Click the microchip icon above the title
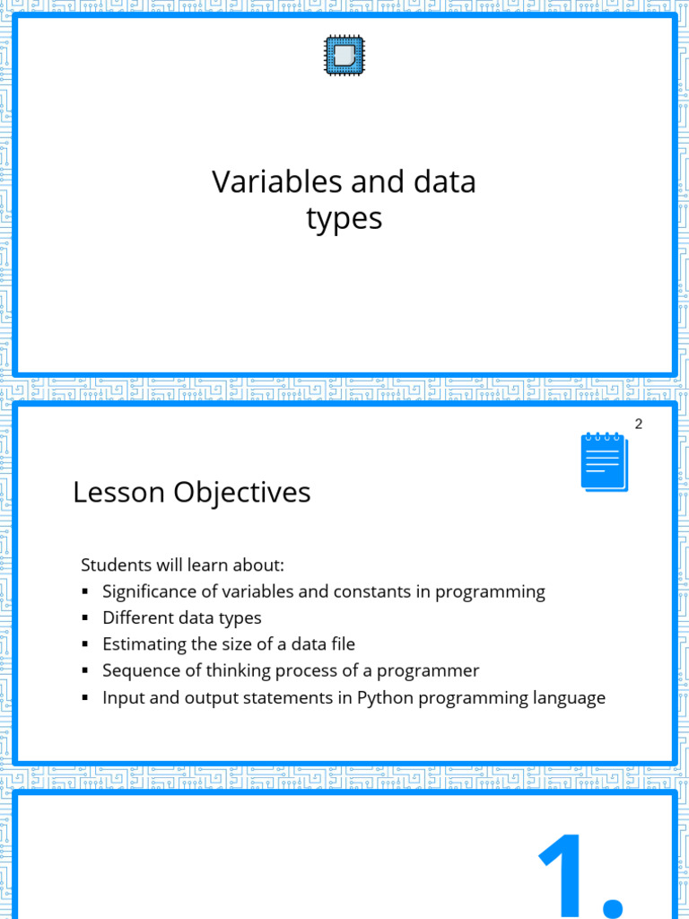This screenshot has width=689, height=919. pyautogui.click(x=344, y=56)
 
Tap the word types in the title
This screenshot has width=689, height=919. pyautogui.click(x=344, y=219)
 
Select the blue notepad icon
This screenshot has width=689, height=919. pyautogui.click(x=604, y=461)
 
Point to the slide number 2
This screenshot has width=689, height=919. pyautogui.click(x=639, y=424)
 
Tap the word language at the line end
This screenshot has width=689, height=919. pyautogui.click(x=570, y=698)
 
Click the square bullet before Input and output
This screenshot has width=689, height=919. pyautogui.click(x=85, y=697)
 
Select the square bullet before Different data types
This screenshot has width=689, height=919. pyautogui.click(x=85, y=618)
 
